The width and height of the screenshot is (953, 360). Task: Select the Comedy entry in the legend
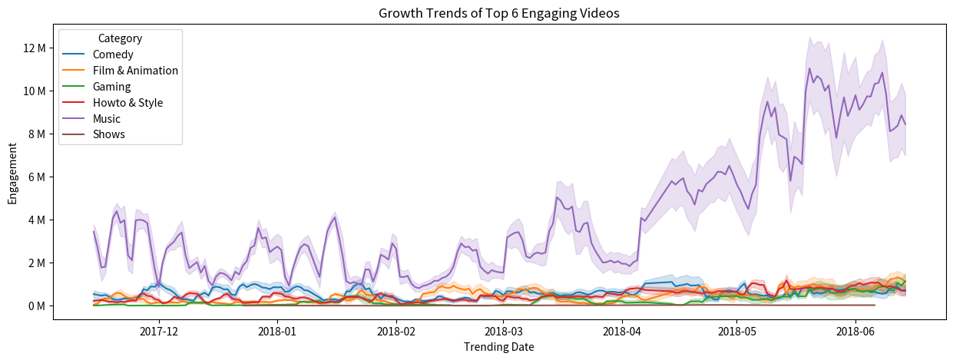[113, 54]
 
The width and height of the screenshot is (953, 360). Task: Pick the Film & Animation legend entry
[135, 71]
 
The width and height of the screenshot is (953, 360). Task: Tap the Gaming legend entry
[111, 87]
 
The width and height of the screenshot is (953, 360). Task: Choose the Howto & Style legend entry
[127, 103]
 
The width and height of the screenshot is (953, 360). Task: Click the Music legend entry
[107, 119]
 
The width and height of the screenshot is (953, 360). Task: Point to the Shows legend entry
[108, 135]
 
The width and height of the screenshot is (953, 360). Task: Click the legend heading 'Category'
[120, 38]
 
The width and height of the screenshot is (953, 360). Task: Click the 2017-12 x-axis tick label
[159, 332]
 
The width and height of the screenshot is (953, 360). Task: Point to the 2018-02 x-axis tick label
[396, 332]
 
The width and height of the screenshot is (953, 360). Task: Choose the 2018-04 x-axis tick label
[621, 332]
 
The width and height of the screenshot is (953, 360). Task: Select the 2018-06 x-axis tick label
[855, 332]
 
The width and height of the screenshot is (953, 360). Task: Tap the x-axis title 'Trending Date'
[499, 347]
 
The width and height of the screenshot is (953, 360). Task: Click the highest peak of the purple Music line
[809, 68]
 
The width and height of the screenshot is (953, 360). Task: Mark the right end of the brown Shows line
[875, 305]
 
